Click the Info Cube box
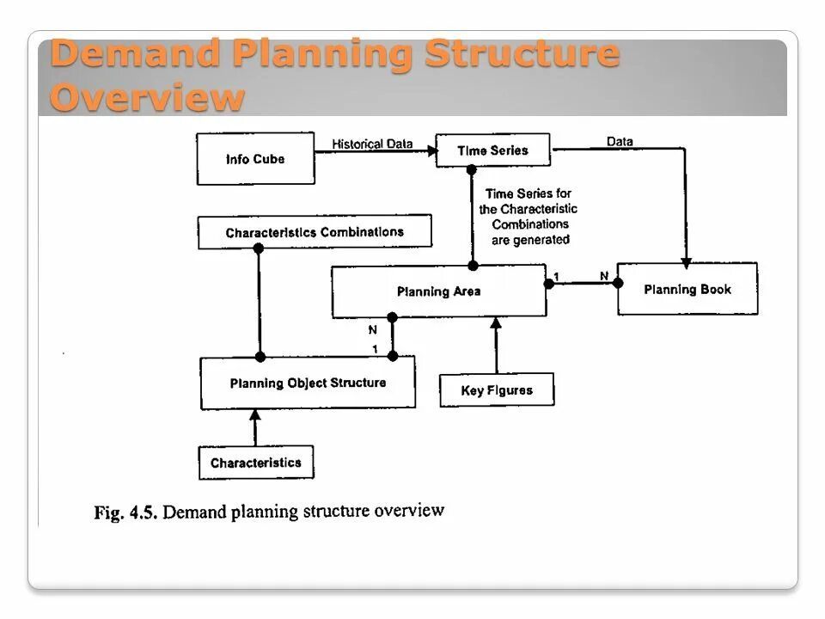255,159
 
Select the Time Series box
492,150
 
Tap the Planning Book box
687,290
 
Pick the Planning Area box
438,291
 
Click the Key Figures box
497,390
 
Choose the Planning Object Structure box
308,383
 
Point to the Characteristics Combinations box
315,232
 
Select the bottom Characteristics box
256,463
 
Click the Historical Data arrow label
373,144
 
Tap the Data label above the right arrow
620,142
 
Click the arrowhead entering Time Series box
431,150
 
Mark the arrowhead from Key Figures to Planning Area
495,322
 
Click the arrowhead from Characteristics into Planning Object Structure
254,415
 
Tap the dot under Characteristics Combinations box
258,248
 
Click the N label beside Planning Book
604,275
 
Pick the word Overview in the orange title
147,96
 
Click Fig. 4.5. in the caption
124,514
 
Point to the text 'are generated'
530,240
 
